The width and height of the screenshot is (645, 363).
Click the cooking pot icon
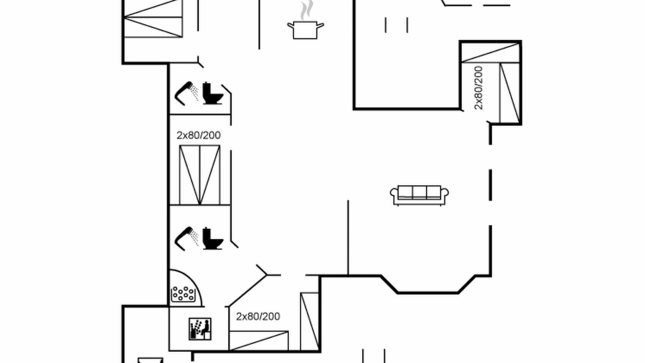tap(305, 30)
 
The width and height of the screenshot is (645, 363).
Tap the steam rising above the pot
tap(306, 10)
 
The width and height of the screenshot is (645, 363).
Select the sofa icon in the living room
tap(419, 195)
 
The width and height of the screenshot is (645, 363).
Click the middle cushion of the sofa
tap(419, 192)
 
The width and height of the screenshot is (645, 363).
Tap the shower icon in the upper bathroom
tap(186, 93)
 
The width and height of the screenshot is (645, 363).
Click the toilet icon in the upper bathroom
tap(213, 93)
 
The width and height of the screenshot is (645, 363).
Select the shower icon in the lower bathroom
tap(186, 238)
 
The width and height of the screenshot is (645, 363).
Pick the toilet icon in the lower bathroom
tap(213, 238)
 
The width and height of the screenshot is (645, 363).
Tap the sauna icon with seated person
tap(200, 329)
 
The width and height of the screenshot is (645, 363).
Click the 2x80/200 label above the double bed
tap(199, 135)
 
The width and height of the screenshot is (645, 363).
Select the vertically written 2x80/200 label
tap(478, 88)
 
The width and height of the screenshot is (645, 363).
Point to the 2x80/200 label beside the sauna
tap(258, 317)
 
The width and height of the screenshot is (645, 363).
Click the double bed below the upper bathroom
tap(200, 175)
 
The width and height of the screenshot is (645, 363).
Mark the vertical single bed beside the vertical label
tap(509, 93)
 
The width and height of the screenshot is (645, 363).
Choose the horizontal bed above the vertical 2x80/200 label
tap(490, 52)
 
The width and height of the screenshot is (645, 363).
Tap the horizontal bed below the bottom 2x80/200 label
tap(259, 341)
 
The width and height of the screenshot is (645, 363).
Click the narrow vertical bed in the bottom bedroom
tap(309, 322)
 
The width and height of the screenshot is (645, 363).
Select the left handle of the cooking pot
tap(291, 26)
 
